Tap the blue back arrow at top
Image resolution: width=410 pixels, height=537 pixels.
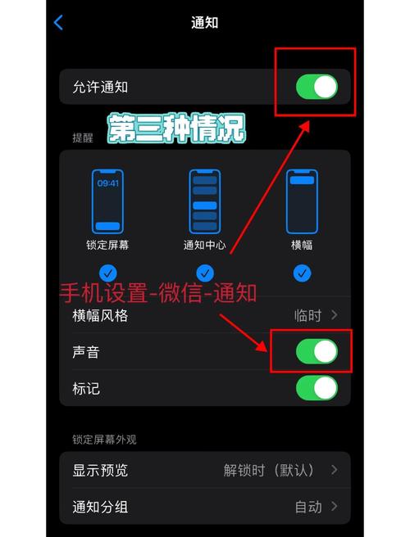pos(58,23)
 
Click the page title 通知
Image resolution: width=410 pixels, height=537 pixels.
pos(205,23)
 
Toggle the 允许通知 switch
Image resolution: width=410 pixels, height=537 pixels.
pos(317,87)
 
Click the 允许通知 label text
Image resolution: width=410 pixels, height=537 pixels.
pos(100,87)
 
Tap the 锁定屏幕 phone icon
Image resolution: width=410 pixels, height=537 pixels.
pos(107,201)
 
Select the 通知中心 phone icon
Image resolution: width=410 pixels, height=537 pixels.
pos(204,201)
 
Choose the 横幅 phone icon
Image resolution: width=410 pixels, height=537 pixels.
pos(302,201)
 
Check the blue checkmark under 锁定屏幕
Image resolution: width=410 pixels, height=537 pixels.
pos(107,273)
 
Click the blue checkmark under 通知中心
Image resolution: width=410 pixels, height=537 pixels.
pos(204,273)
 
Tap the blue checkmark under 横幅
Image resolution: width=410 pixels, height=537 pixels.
pos(302,273)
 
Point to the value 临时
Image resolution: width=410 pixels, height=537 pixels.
pos(307,315)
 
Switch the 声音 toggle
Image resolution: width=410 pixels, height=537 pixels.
pos(317,352)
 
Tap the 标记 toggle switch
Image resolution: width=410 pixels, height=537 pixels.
pos(317,388)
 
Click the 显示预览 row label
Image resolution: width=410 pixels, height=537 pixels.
pos(100,470)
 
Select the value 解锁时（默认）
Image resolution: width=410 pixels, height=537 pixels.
pos(269,470)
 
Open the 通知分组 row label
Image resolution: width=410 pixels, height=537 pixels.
pos(100,507)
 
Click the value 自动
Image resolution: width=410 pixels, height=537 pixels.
pos(307,507)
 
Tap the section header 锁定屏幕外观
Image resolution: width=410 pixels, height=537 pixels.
pos(104,440)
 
